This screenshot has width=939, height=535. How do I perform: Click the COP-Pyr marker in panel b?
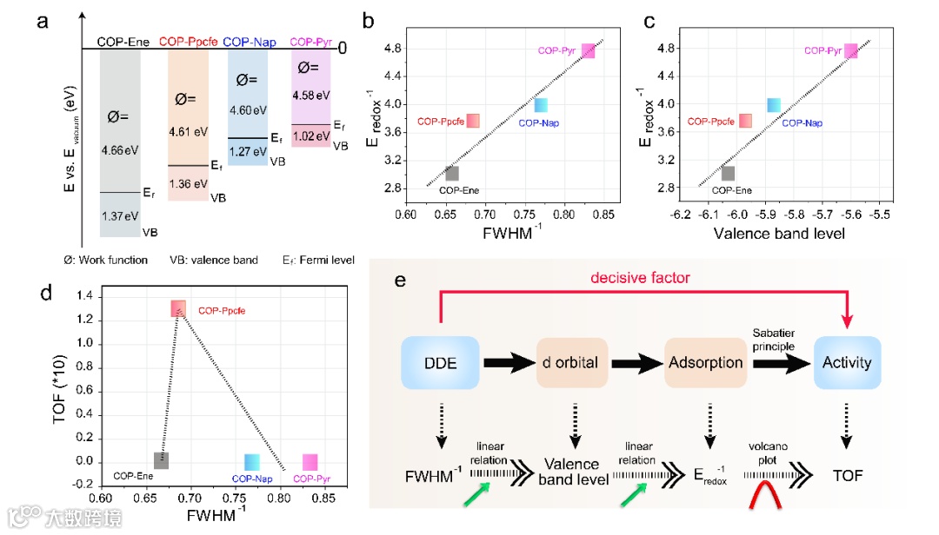pyautogui.click(x=589, y=50)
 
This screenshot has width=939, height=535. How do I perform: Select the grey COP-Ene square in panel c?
pyautogui.click(x=728, y=173)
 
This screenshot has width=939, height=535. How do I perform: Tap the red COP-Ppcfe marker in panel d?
pyautogui.click(x=178, y=308)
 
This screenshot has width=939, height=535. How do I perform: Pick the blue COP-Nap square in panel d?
pyautogui.click(x=253, y=461)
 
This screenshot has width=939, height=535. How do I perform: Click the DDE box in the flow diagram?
pyautogui.click(x=442, y=362)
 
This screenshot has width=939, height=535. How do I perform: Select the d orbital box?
pyautogui.click(x=574, y=362)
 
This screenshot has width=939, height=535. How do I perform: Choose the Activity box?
pyautogui.click(x=846, y=362)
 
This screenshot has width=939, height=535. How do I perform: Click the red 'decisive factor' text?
pyautogui.click(x=639, y=278)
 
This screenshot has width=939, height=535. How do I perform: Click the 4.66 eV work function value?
pyautogui.click(x=119, y=150)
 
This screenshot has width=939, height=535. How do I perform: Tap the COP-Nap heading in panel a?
pyautogui.click(x=251, y=41)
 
